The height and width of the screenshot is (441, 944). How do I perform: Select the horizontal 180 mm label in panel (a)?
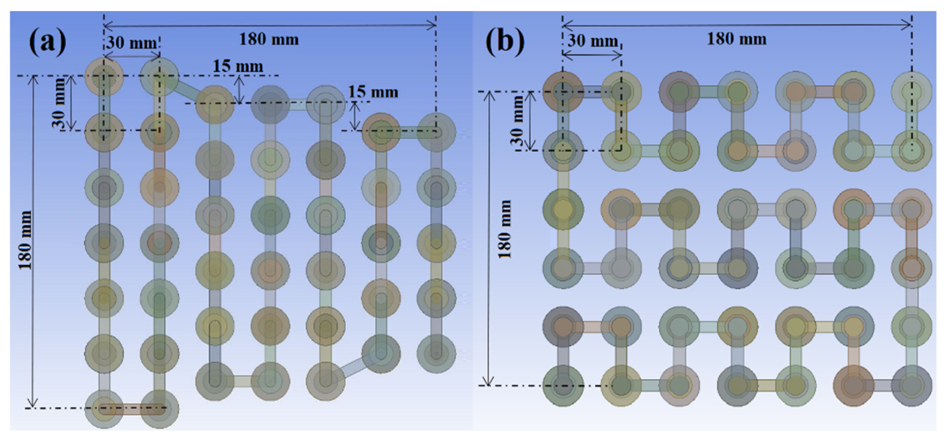pos(269,39)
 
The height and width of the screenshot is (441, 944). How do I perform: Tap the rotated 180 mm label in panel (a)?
pos(26,240)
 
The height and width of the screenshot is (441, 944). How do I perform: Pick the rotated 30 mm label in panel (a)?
pos(59,103)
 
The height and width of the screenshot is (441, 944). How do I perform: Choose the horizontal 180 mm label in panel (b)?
pos(737,39)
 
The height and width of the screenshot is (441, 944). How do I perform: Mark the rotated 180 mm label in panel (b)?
pos(505,229)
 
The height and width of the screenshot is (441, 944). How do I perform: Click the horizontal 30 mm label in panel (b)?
pos(593,41)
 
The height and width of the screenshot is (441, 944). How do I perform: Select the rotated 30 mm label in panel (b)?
pos(517,121)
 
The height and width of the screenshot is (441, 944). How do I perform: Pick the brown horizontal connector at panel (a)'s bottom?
pos(132,409)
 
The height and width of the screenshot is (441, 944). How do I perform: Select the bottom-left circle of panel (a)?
pos(104,409)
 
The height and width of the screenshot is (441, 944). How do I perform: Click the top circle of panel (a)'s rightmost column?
pos(436,132)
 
